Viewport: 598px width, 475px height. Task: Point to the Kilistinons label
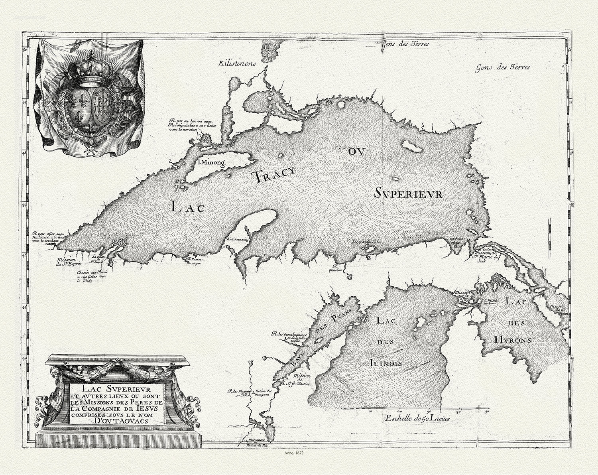[236, 63]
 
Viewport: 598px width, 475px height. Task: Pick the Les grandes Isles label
[366, 241]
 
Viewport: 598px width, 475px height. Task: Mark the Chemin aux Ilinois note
[90, 276]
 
